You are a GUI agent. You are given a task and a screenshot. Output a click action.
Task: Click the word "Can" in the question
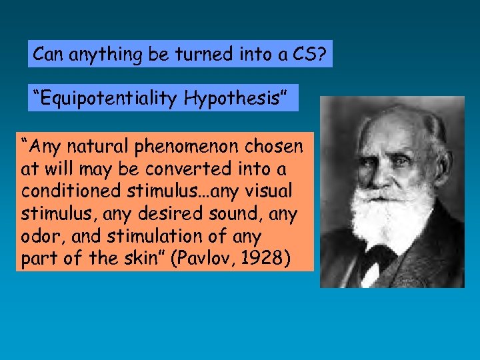[47, 53]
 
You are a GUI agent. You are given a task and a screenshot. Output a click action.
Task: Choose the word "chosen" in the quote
[276, 146]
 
